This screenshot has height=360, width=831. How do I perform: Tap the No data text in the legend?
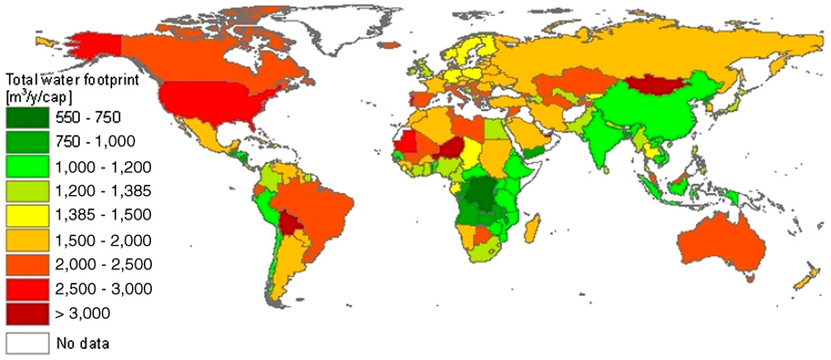(x=84, y=342)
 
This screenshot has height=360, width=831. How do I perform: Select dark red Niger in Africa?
(x=455, y=147)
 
